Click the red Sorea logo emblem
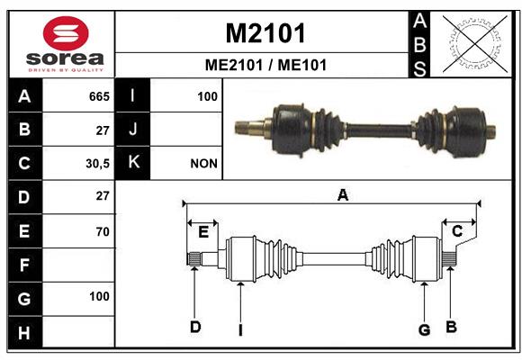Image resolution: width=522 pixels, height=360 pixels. coord(66,33)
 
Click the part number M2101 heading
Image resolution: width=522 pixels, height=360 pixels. coord(265,33)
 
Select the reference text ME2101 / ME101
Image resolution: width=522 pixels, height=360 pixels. coord(265,65)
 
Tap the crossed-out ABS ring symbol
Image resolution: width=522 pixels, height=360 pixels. coord(475,44)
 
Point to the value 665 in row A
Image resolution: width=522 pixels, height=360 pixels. coord(99,96)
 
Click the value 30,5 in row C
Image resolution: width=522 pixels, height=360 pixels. coord(97,164)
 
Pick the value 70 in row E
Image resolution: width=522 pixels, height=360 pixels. coord(103,231)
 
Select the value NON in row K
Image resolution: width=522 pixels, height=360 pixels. coord(203,164)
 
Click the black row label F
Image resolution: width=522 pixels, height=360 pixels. coord(25,265)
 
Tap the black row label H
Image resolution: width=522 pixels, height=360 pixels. coord(25,332)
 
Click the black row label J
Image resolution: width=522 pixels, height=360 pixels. coord(132,130)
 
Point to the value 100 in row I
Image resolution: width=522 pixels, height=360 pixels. coord(207,96)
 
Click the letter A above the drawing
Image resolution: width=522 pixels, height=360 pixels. coord(343,194)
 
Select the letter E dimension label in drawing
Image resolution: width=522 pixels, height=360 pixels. coord(203,232)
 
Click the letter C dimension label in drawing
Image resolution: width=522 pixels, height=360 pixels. coord(457,230)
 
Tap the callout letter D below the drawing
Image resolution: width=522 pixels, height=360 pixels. coord(195,327)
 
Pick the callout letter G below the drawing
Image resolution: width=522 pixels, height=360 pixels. coord(424,330)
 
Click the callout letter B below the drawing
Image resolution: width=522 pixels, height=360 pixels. coord(451,327)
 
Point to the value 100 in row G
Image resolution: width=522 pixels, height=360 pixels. coord(99,296)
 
